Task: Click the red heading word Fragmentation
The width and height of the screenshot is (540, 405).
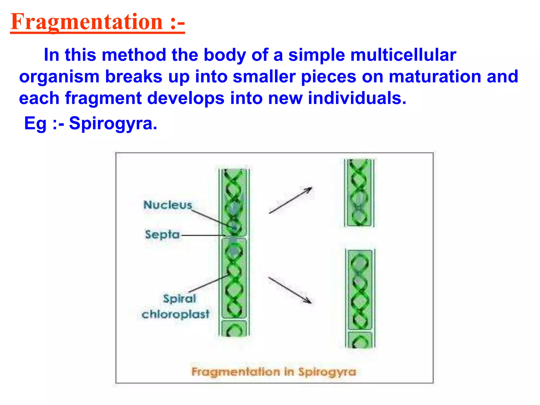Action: [87, 22]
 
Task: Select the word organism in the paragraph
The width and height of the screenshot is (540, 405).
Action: [59, 77]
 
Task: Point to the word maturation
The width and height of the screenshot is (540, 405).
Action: [435, 76]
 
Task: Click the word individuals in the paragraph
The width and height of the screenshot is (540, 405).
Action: [357, 98]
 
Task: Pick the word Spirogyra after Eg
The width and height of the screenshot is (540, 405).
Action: [113, 123]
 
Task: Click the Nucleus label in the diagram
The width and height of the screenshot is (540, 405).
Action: [168, 205]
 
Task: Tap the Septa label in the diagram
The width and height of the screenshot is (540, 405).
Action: [162, 234]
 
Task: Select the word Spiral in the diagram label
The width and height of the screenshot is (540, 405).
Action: [179, 298]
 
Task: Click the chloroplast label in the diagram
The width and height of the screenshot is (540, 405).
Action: [175, 314]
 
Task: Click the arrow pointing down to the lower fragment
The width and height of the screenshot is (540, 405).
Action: [290, 290]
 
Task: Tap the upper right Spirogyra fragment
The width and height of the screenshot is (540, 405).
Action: [359, 193]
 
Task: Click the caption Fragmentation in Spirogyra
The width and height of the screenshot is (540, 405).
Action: [274, 372]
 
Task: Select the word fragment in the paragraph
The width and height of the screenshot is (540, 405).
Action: [103, 98]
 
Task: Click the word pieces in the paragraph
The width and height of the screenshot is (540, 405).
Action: [329, 77]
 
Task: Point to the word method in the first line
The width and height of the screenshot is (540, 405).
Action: [134, 55]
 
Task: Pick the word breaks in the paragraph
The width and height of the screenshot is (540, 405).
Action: [134, 77]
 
